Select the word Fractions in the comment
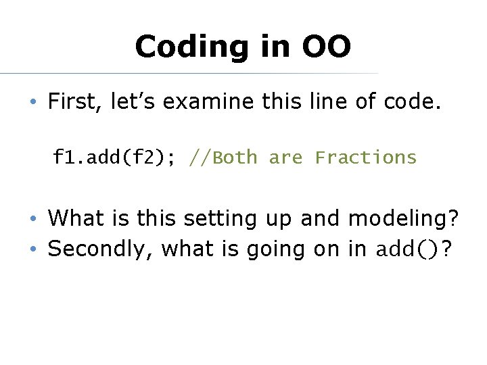[x=366, y=157]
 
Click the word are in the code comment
[x=286, y=157]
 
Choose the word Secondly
[x=99, y=249]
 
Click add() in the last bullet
[x=403, y=249]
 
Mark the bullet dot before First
[x=32, y=103]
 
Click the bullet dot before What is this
[x=32, y=219]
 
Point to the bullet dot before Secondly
[x=32, y=250]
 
